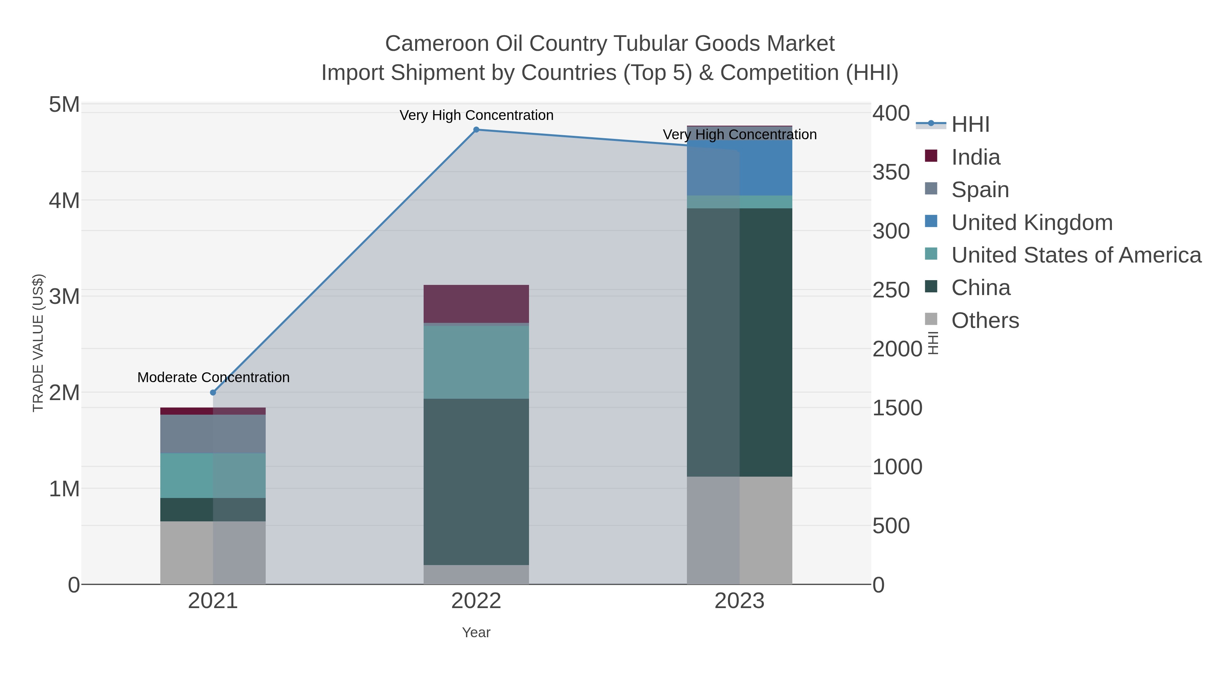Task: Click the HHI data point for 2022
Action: (x=476, y=130)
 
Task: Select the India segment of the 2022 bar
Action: (x=476, y=304)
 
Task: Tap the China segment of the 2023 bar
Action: (x=739, y=342)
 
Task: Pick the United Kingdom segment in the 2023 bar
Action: (x=739, y=168)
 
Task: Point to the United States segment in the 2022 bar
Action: (x=476, y=362)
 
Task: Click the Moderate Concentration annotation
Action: (x=213, y=377)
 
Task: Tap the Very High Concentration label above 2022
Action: (x=476, y=115)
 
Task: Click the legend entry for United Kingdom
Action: (x=1032, y=223)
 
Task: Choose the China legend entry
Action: (x=980, y=288)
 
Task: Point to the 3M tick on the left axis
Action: (x=64, y=297)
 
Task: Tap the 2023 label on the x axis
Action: (x=739, y=601)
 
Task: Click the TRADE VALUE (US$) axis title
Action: (x=38, y=343)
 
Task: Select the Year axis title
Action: (x=476, y=632)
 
